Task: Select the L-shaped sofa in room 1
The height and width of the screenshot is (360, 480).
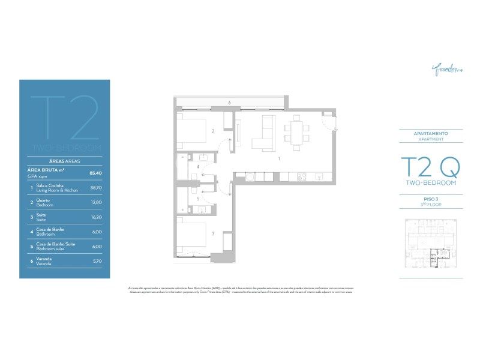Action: (x=262, y=136)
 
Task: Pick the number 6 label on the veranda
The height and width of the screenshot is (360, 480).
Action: (x=229, y=103)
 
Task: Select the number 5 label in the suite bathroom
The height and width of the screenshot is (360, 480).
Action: (x=197, y=198)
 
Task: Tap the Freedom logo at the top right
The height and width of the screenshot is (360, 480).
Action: (x=445, y=70)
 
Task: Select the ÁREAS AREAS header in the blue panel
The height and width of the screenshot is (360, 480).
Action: (x=64, y=161)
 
